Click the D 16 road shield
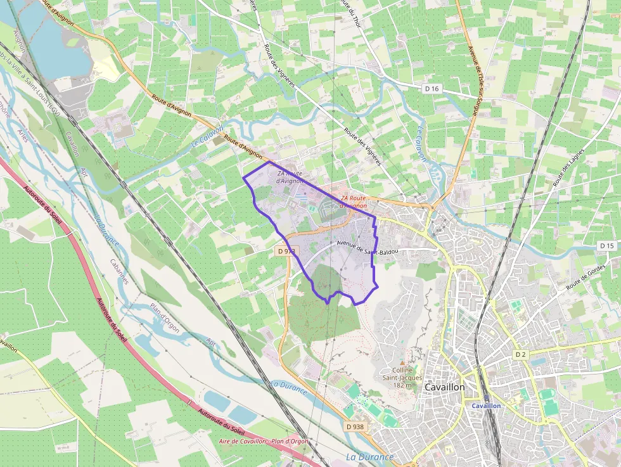click(x=432, y=89)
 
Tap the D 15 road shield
click(x=606, y=245)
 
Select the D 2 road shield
click(x=521, y=354)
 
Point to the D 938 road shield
click(x=355, y=426)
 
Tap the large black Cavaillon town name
click(x=444, y=387)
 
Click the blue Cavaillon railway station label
click(x=487, y=406)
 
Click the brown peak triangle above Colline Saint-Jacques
click(x=401, y=362)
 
